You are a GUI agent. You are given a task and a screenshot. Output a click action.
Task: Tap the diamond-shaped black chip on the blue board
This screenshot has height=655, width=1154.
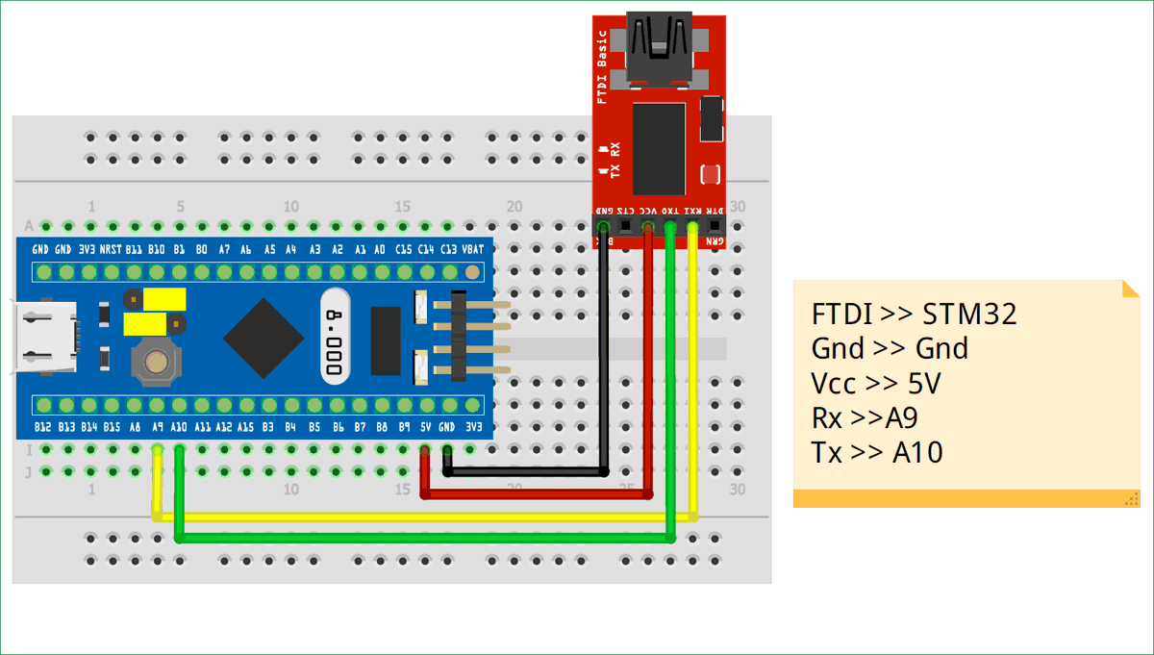(265, 338)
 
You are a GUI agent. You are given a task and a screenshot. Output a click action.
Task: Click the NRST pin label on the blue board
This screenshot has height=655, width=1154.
(111, 249)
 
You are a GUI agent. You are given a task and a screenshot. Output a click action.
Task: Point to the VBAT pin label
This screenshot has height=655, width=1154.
(472, 249)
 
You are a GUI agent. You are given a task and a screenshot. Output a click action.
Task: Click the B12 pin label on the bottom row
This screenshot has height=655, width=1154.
(42, 426)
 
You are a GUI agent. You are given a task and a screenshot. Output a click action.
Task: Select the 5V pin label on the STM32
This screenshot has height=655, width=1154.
(424, 426)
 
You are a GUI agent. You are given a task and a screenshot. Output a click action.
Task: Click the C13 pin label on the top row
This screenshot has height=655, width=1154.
(449, 249)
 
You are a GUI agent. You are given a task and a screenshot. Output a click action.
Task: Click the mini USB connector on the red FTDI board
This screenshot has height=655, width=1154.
(661, 47)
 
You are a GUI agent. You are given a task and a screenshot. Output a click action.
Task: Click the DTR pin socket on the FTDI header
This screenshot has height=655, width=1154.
(715, 227)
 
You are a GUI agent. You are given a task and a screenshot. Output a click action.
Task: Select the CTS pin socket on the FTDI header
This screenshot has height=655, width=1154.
(625, 227)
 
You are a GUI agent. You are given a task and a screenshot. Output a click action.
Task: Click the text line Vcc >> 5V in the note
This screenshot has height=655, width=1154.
(875, 384)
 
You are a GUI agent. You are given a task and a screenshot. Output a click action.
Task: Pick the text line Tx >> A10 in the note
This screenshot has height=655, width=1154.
(876, 451)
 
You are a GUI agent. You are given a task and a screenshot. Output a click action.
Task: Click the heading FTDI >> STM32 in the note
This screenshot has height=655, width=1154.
(914, 315)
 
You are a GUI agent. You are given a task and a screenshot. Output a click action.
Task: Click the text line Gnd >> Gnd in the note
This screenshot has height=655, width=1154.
(890, 348)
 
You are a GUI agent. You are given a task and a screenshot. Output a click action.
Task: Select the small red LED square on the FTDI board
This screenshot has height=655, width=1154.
(711, 174)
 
